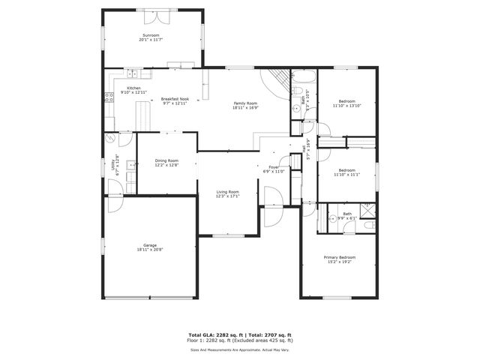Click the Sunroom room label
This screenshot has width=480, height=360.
pyautogui.click(x=151, y=36)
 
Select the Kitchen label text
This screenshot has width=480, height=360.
pyautogui.click(x=133, y=88)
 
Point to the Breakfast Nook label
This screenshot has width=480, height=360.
pyautogui.click(x=175, y=99)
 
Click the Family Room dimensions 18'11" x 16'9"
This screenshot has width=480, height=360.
pyautogui.click(x=245, y=107)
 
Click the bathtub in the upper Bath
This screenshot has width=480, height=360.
pyautogui.click(x=303, y=76)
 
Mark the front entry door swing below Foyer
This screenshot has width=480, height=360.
pyautogui.click(x=273, y=196)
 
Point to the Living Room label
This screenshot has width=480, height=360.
pyautogui.click(x=228, y=192)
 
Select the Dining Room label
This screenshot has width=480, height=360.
pyautogui.click(x=166, y=160)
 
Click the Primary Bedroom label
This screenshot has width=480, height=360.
pyautogui.click(x=340, y=257)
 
